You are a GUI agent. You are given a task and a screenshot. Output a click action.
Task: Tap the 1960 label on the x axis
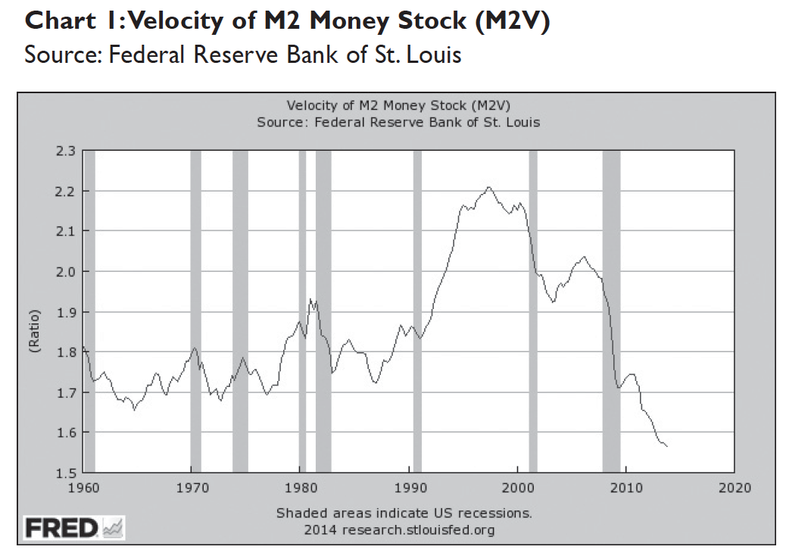click(x=83, y=487)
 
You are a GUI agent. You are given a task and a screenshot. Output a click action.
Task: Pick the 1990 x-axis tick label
click(x=409, y=487)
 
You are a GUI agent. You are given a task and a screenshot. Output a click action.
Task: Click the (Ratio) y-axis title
click(x=34, y=312)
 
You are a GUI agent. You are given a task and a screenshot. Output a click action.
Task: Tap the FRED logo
click(x=74, y=527)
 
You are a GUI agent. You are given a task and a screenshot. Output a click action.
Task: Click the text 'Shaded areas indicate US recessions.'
click(x=404, y=514)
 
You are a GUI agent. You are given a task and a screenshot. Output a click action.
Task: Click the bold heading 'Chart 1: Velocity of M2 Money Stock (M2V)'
click(x=287, y=22)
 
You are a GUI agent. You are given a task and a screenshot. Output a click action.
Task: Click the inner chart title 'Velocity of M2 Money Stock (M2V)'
click(x=403, y=105)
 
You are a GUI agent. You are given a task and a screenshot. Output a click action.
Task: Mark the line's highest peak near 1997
click(x=488, y=187)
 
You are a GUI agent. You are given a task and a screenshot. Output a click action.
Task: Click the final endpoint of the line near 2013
click(x=667, y=447)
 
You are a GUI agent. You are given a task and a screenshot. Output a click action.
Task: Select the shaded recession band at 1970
click(x=195, y=311)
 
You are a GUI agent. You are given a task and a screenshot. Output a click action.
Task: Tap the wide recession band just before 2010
click(x=611, y=311)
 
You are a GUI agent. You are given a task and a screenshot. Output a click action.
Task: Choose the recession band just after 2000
click(x=532, y=311)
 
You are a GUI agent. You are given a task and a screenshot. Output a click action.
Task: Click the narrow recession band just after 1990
click(x=417, y=311)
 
